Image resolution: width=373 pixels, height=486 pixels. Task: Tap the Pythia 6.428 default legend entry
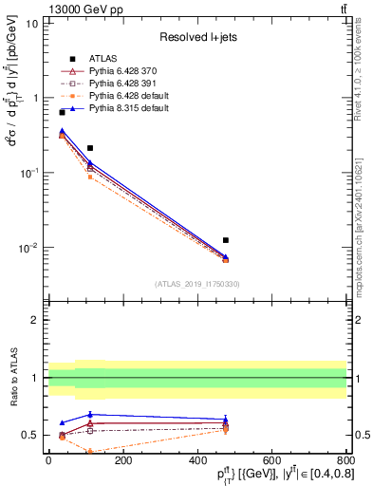128,96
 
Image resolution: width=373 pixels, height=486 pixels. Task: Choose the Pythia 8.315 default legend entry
128,108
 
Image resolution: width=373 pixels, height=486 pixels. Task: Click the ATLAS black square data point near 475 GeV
225,240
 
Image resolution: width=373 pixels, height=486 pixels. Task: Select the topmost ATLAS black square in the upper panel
62,112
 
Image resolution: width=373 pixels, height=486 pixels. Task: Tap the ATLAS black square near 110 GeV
90,148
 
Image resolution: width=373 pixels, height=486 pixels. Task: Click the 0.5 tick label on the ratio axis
31,435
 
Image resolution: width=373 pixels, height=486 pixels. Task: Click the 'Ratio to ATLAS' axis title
13,379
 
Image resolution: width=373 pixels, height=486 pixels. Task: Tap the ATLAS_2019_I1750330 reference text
196,284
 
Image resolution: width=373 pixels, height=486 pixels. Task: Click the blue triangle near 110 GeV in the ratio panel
90,415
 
